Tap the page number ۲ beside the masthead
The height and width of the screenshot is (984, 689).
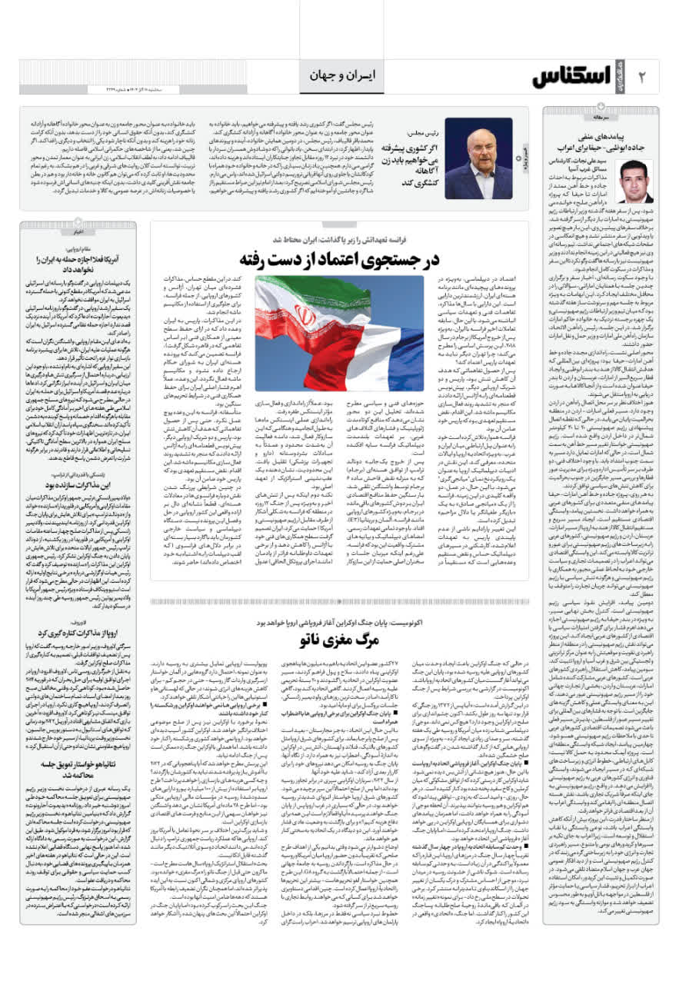point(643,77)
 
